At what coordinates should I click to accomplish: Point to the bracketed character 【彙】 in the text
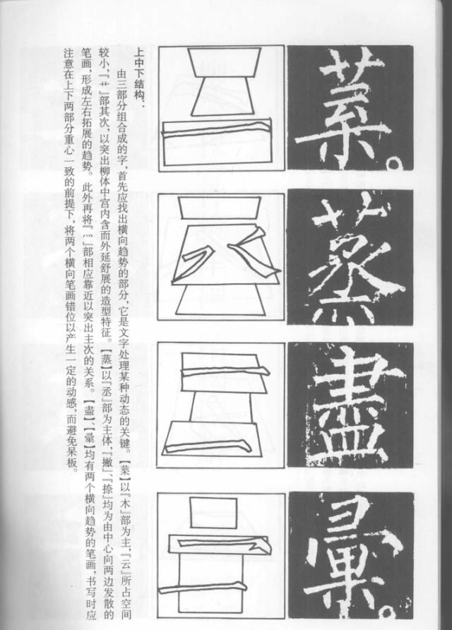point(90,441)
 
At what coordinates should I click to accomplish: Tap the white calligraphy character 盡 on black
point(350,406)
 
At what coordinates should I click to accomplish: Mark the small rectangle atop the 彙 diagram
point(213,513)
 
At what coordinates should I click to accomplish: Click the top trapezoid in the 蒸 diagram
point(219,208)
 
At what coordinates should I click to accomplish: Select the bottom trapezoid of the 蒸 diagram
point(220,299)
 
